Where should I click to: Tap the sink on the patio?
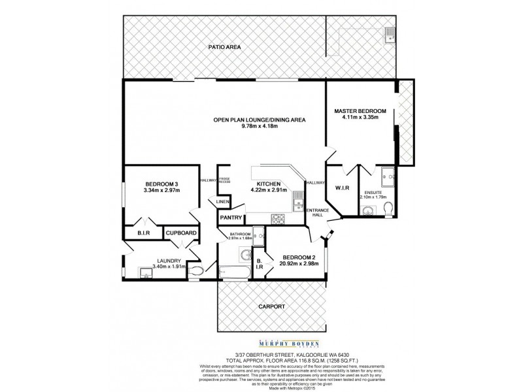(390, 33)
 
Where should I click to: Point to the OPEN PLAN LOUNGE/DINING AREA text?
(259, 120)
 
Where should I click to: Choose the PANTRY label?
(231, 218)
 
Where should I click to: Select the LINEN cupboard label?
(223, 202)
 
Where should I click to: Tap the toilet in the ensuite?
(388, 208)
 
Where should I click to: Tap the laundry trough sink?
(146, 272)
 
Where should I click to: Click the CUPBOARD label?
(181, 233)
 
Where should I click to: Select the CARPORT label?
(271, 306)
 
